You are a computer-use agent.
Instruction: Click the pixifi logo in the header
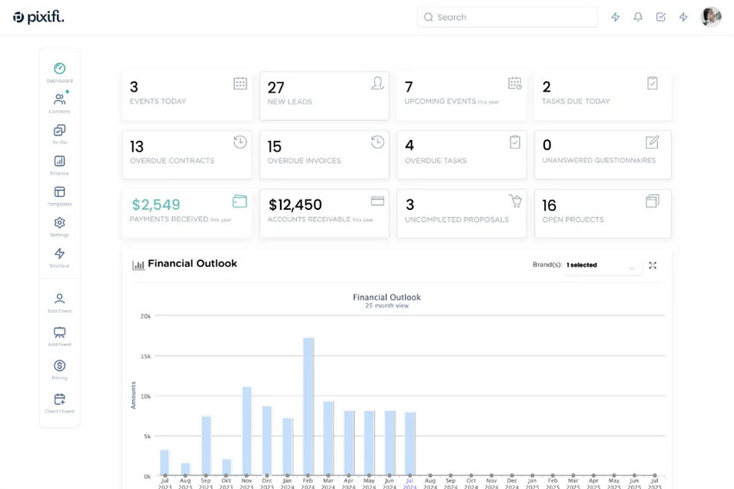click(39, 16)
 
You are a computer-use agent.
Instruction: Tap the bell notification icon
click(638, 17)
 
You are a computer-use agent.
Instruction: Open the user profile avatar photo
click(711, 17)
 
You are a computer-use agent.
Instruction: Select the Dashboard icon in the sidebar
click(60, 69)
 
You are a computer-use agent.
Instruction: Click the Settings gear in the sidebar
click(60, 223)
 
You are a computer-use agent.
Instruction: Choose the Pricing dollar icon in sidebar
click(60, 366)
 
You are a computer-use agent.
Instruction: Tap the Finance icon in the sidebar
click(60, 162)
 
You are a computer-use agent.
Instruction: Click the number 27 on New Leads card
click(275, 87)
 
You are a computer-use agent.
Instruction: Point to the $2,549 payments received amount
click(155, 205)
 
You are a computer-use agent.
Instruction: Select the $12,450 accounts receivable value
click(295, 205)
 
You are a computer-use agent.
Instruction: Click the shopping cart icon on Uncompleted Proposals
click(515, 201)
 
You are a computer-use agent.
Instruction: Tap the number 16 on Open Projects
click(549, 206)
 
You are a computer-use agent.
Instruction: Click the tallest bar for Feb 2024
click(308, 406)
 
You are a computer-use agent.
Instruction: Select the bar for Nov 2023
click(247, 431)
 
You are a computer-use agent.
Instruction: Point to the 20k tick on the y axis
click(145, 316)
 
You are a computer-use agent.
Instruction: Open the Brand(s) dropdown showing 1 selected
click(603, 266)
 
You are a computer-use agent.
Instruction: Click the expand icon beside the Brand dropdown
click(653, 265)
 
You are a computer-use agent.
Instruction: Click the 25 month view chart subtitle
click(386, 306)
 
